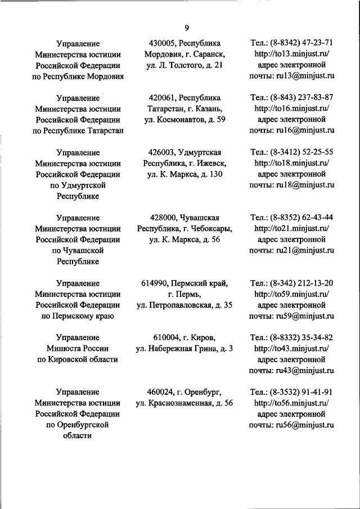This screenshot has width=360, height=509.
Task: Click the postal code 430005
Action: [162, 43]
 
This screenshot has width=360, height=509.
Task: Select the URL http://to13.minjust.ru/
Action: [291, 54]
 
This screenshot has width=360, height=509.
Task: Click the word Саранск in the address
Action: [210, 54]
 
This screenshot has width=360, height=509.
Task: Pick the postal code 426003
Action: [161, 152]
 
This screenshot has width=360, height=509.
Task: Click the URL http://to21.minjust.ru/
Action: [291, 229]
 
